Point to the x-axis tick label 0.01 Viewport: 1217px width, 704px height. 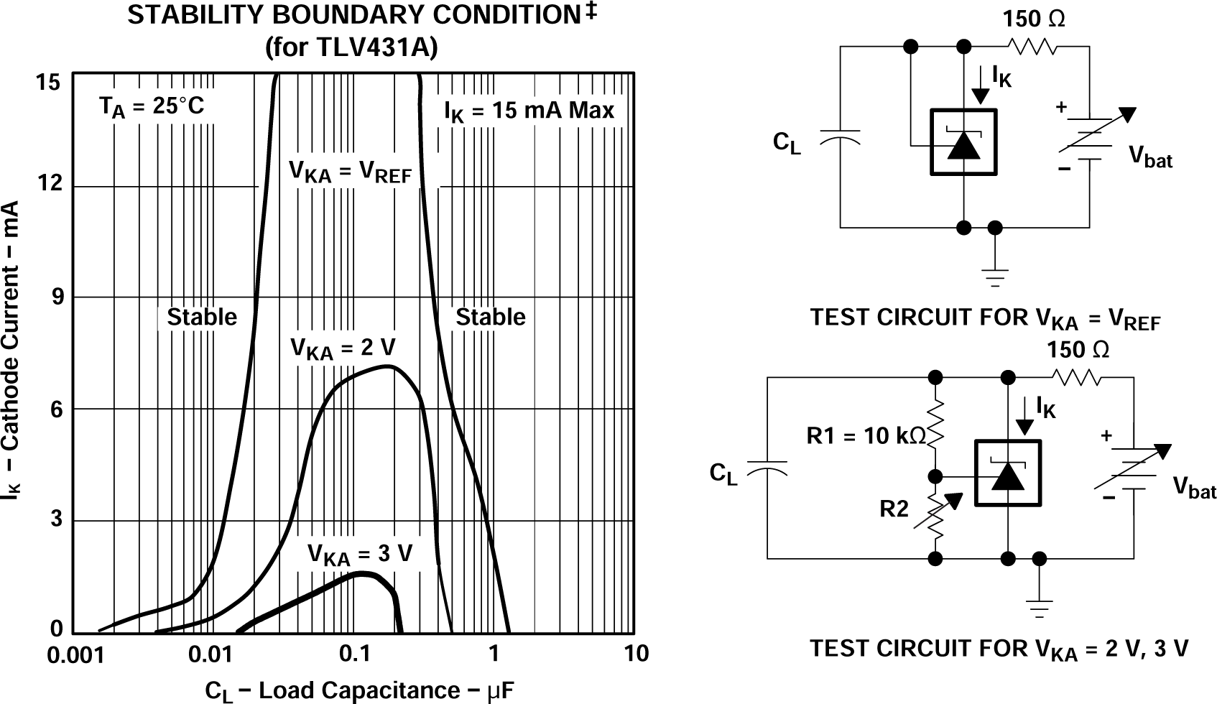click(x=208, y=654)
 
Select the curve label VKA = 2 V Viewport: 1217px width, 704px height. click(x=343, y=348)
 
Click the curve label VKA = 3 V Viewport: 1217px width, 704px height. click(x=360, y=555)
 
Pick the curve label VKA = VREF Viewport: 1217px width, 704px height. click(x=350, y=172)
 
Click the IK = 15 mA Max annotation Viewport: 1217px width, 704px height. click(x=529, y=111)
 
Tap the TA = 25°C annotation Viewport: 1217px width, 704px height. click(x=152, y=107)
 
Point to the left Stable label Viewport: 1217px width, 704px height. click(x=202, y=317)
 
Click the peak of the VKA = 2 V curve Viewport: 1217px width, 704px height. click(x=388, y=367)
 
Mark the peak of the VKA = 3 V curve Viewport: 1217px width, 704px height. click(x=363, y=573)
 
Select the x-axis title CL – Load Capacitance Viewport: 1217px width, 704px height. click(x=359, y=691)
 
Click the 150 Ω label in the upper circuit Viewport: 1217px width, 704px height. click(x=1033, y=19)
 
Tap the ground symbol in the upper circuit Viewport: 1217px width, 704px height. click(x=995, y=276)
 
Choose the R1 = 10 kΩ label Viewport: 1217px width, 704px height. click(x=866, y=435)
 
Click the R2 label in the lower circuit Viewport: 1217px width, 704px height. click(x=894, y=509)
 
